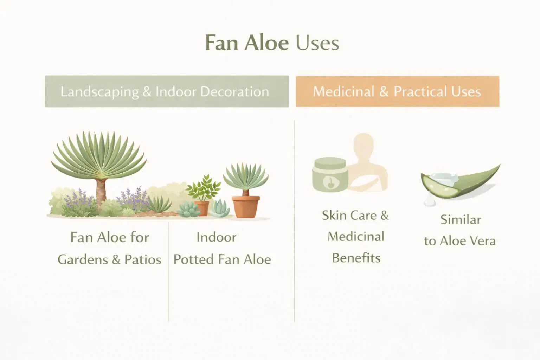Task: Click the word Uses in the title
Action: click(317, 43)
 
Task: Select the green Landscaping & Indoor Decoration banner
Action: click(167, 91)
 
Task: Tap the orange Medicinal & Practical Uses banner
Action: click(397, 91)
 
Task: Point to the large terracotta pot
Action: click(246, 206)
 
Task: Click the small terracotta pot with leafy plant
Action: click(202, 207)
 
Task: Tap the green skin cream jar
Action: click(329, 175)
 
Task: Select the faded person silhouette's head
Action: click(364, 144)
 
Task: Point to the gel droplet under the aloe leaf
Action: click(428, 201)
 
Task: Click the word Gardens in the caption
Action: click(83, 260)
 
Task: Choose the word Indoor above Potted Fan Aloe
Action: click(216, 237)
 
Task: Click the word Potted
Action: click(194, 260)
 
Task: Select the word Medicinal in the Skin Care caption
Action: click(356, 237)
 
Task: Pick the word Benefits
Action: click(356, 258)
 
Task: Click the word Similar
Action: click(461, 220)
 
